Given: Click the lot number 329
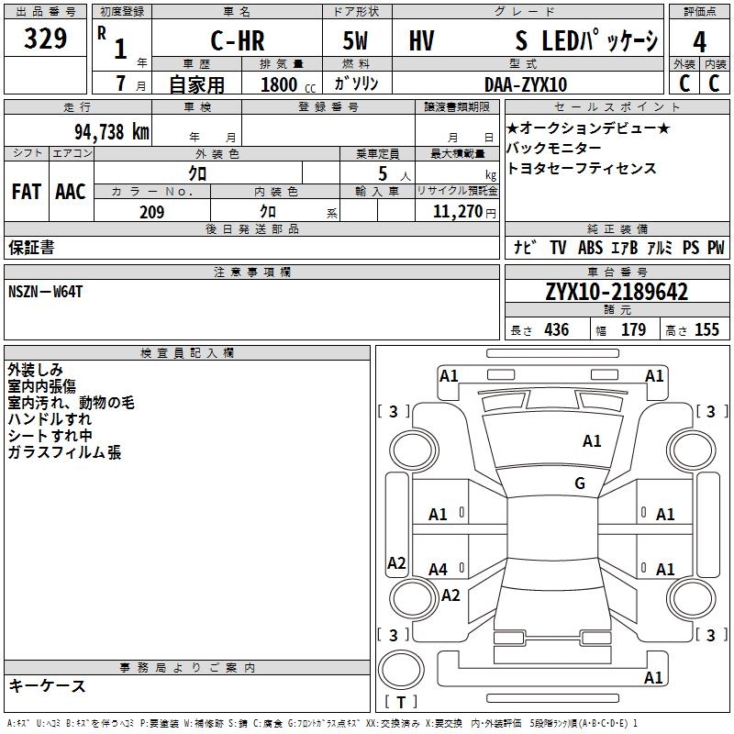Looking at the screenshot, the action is point(45,39).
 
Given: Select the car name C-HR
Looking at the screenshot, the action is point(238,42).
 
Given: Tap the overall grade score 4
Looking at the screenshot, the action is point(699,42).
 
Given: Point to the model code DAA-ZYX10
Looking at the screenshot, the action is point(526,84).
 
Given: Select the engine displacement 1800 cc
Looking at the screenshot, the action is point(284,84).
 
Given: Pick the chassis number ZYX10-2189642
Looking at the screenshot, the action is point(617,292).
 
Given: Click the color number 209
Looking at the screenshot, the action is point(151,212).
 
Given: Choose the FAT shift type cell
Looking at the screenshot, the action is point(27,192).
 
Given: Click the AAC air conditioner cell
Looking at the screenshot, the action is point(71,192).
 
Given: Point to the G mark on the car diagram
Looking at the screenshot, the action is point(580,484).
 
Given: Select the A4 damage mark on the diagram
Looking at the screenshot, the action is point(438,570).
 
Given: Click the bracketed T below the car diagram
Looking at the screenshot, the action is point(400,703).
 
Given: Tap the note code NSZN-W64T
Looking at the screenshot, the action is point(45,292).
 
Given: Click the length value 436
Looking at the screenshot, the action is point(556,330).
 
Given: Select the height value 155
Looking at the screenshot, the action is point(706,330).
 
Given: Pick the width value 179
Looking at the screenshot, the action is point(633,330).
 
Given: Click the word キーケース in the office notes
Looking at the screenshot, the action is point(47,686).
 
